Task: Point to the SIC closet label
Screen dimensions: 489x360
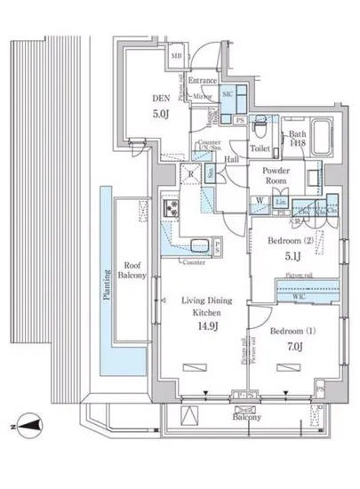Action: click(227, 94)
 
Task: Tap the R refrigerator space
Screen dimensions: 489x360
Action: click(190, 173)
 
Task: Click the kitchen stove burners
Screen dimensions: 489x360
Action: click(171, 208)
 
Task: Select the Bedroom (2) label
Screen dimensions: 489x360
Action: click(294, 241)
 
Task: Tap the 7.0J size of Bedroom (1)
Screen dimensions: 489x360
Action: click(295, 348)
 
